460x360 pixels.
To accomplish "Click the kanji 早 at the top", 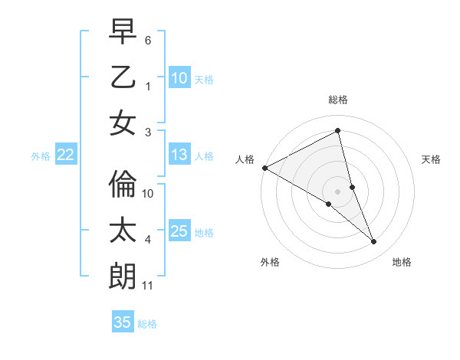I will click(x=122, y=33).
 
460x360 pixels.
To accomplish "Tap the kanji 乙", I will click(x=122, y=77).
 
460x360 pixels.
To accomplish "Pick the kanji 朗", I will click(x=122, y=276).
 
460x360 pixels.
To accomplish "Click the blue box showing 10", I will click(x=179, y=78).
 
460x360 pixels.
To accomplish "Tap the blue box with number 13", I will click(x=179, y=155).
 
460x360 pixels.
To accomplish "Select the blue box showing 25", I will click(x=179, y=231).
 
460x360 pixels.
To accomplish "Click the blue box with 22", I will click(x=66, y=155).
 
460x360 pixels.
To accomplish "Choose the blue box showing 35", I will click(x=123, y=322).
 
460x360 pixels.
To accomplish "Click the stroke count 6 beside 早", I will click(x=148, y=40).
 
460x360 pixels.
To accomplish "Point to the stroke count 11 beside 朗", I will click(x=148, y=286).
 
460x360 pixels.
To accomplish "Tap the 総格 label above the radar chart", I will click(x=338, y=100).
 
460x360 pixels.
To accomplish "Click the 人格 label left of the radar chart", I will click(x=245, y=159).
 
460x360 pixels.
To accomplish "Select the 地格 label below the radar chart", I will click(x=402, y=262).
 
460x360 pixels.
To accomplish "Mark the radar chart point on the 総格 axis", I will click(x=338, y=131).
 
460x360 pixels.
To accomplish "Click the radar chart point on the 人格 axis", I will click(x=264, y=167).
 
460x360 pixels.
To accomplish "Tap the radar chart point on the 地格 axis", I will click(x=374, y=241).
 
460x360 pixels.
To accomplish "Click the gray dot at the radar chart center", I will click(x=338, y=191).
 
